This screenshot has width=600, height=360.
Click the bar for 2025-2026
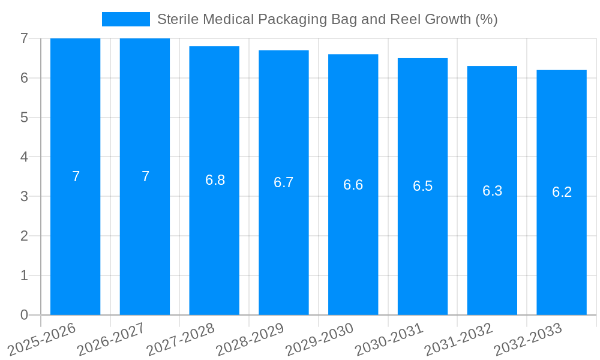coord(75,240)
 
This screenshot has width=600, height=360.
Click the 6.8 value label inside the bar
coord(215,180)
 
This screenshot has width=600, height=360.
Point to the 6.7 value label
coord(283,182)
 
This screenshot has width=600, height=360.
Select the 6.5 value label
coord(422,186)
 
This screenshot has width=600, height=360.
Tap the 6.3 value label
coord(492,191)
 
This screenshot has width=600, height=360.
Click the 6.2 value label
coord(562,192)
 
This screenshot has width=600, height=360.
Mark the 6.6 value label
coord(353,185)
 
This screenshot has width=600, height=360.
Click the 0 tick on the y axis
coord(24,315)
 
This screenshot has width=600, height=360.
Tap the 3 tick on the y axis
coord(24,196)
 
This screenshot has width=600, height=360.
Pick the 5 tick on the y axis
coord(24,118)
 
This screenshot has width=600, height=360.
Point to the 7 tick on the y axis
coord(24,38)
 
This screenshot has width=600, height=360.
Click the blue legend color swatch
coord(126,19)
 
